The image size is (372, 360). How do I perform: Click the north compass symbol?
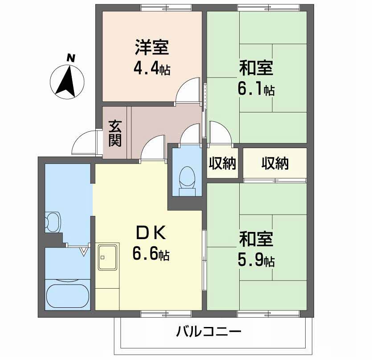[67, 81]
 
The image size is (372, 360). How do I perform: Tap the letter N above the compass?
[70, 58]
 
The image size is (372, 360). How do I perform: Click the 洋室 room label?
[151, 47]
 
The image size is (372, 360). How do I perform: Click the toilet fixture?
[186, 178]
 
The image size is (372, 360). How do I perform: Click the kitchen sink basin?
[107, 257]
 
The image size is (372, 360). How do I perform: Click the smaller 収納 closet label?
[222, 164]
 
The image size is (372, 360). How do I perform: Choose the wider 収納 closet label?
[274, 164]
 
